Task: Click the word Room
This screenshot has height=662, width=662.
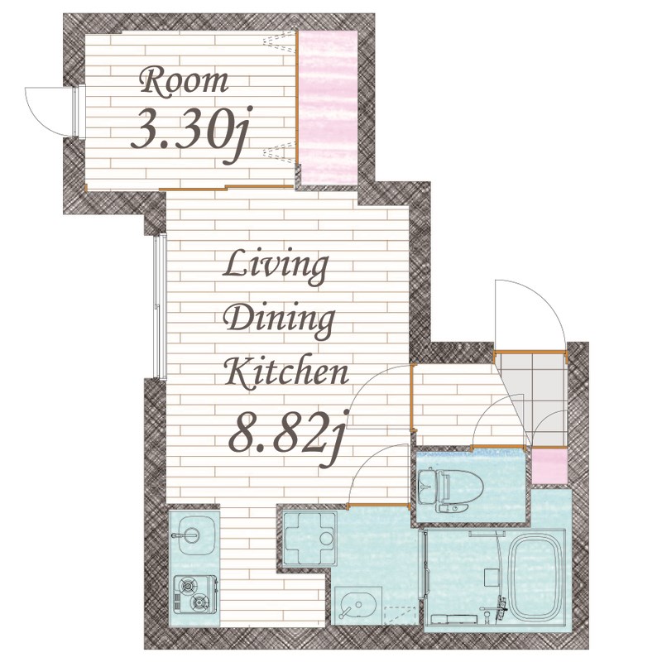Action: (185, 82)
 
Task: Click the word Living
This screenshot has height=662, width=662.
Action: (276, 266)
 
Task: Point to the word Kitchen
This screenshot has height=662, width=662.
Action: (286, 372)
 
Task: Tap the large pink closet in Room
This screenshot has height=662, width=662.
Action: (328, 108)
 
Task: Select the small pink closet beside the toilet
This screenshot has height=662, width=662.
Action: (549, 466)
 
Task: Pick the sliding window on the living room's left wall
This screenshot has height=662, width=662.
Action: (160, 307)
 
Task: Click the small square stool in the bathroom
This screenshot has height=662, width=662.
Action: (491, 577)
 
